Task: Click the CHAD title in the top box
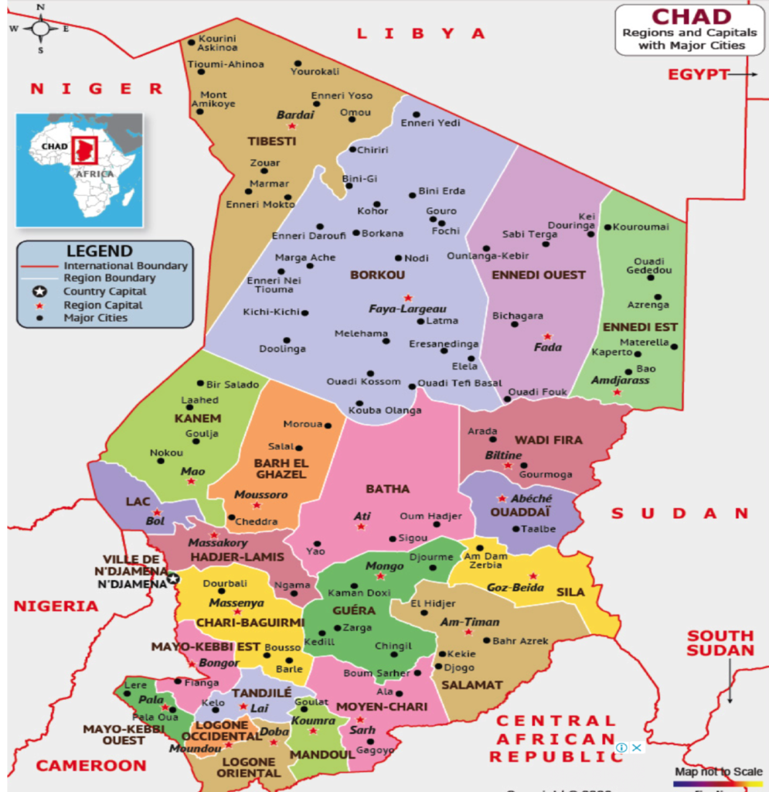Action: pyautogui.click(x=691, y=16)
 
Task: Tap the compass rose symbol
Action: pyautogui.click(x=39, y=29)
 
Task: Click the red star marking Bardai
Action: pyautogui.click(x=291, y=126)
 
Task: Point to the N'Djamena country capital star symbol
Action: pyautogui.click(x=173, y=577)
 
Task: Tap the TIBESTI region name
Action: pyautogui.click(x=271, y=141)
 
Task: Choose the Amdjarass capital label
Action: pyautogui.click(x=620, y=381)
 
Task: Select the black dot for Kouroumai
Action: pyautogui.click(x=608, y=227)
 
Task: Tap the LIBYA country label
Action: pyautogui.click(x=420, y=33)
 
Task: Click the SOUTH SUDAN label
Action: pyautogui.click(x=720, y=643)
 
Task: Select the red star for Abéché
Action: pyautogui.click(x=502, y=499)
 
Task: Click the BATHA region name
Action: pyautogui.click(x=387, y=489)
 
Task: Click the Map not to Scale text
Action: pyautogui.click(x=719, y=771)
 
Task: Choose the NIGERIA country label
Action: pyautogui.click(x=56, y=606)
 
